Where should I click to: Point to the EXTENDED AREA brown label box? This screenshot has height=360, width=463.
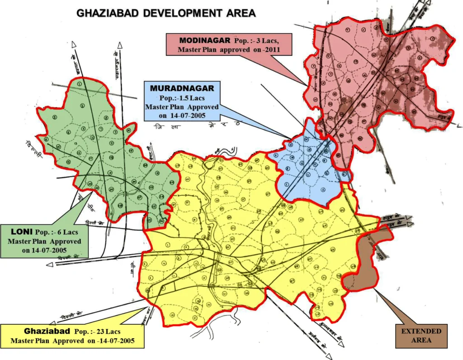pyautogui.click(x=421, y=336)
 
